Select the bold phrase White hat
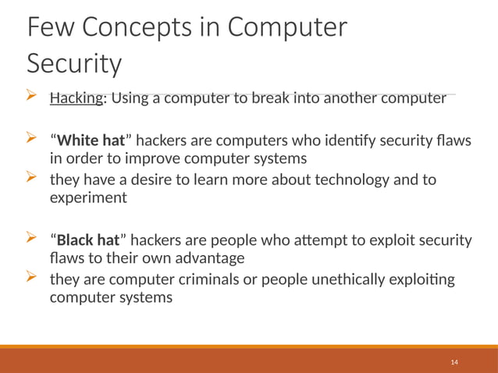[91, 141]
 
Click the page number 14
[454, 363]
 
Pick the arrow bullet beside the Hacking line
[33, 97]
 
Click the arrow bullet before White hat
[33, 140]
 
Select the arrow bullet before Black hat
[33, 238]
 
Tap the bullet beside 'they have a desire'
[33, 179]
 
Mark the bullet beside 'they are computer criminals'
[33, 277]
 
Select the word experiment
[87, 198]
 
